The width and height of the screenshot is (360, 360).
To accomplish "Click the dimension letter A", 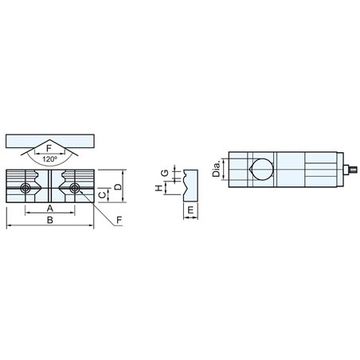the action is [50, 209].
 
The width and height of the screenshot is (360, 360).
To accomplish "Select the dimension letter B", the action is [50, 220].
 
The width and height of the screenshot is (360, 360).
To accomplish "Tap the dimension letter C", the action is [103, 194].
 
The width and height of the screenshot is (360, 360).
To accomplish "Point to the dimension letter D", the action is [118, 186].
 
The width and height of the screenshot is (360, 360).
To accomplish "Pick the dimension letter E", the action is [190, 211].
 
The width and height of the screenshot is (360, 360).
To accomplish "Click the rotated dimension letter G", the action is [165, 173].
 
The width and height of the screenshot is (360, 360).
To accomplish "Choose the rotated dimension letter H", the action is [158, 188].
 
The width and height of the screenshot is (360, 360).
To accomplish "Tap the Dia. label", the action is [217, 169].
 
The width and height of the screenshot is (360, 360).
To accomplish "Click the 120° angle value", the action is [50, 159].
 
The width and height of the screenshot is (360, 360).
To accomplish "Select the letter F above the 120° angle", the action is [49, 148].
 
